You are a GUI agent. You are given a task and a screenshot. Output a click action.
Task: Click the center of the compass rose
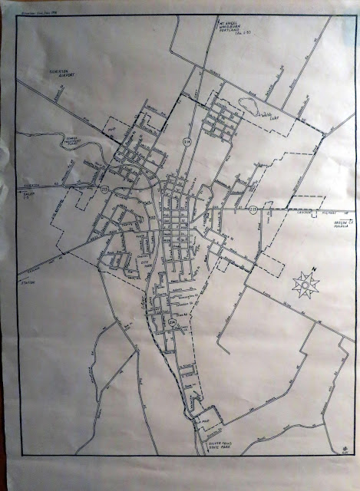coord(306,285)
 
